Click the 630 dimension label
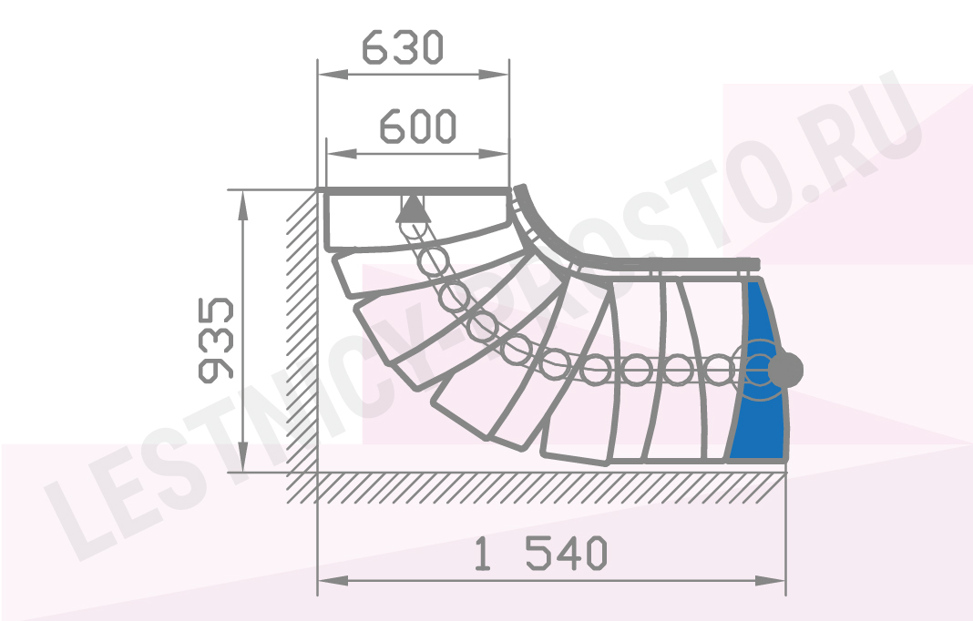coord(402,47)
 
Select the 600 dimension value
coord(418,127)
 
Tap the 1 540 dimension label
coord(540,554)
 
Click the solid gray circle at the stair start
coord(785,370)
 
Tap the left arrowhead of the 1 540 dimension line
coord(333,581)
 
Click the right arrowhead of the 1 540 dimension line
coord(771,581)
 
